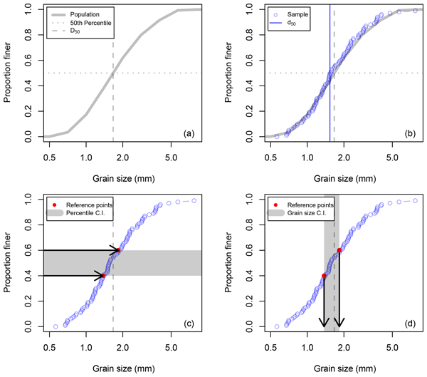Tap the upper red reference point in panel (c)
[x=119, y=250]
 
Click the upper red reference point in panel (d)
[x=339, y=250]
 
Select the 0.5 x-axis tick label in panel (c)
[x=50, y=348]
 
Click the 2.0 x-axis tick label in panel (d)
[x=344, y=348]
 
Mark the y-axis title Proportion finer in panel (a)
[x=9, y=71]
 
